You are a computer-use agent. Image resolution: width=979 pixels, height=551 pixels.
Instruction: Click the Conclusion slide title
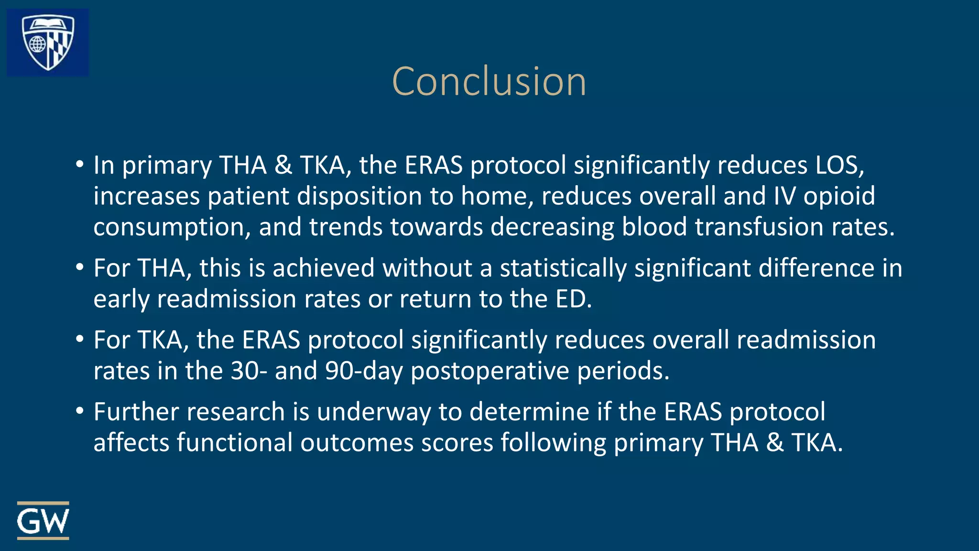489,82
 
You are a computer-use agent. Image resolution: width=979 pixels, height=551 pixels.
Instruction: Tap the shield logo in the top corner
48,42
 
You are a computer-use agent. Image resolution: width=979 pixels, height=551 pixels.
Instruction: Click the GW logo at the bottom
43,521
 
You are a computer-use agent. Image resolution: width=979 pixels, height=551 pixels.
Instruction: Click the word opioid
839,197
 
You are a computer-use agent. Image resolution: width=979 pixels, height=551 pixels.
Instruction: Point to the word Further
137,412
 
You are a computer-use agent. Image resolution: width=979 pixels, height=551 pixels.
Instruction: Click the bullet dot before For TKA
80,340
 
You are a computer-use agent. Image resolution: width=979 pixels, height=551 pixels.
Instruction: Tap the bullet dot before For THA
80,268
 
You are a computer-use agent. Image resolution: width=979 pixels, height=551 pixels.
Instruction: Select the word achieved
324,268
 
